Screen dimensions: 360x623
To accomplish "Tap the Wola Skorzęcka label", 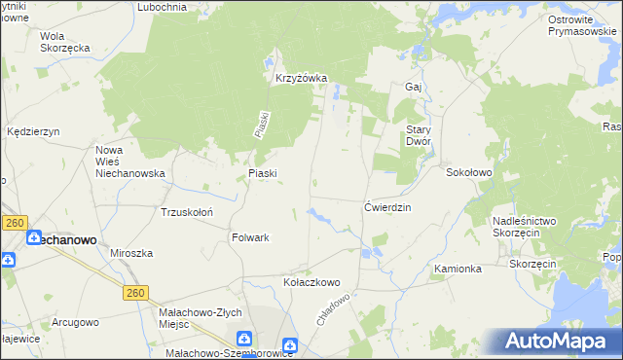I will click(65, 42).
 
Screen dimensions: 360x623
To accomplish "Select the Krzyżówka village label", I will click(301, 79).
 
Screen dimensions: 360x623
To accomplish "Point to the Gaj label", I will click(412, 87).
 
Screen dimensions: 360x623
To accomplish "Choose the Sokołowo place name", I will click(469, 172).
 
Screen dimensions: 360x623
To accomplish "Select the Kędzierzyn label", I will click(33, 130).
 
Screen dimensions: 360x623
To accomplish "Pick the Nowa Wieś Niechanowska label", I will click(129, 162).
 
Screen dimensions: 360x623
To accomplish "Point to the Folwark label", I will click(250, 237).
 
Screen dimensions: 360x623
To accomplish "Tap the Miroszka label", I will click(131, 253).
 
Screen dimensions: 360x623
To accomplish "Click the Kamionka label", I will click(458, 269).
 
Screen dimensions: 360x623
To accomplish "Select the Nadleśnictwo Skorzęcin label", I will click(524, 228).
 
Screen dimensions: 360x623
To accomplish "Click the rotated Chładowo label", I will click(332, 308).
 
